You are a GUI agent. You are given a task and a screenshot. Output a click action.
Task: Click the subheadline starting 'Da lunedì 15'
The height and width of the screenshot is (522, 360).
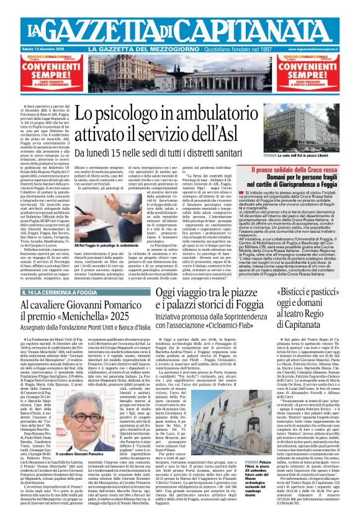click(x=175, y=153)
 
